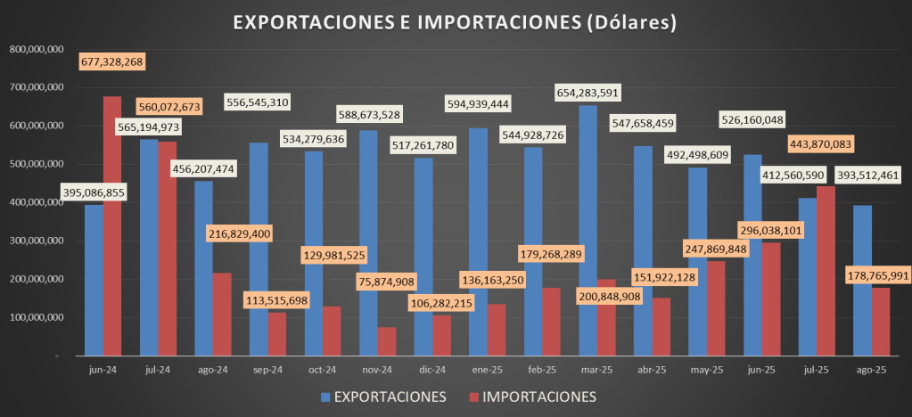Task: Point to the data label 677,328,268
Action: click(x=112, y=61)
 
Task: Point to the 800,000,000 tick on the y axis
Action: click(x=35, y=49)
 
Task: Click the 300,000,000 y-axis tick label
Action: click(x=35, y=241)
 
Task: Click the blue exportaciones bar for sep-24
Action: click(x=259, y=249)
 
